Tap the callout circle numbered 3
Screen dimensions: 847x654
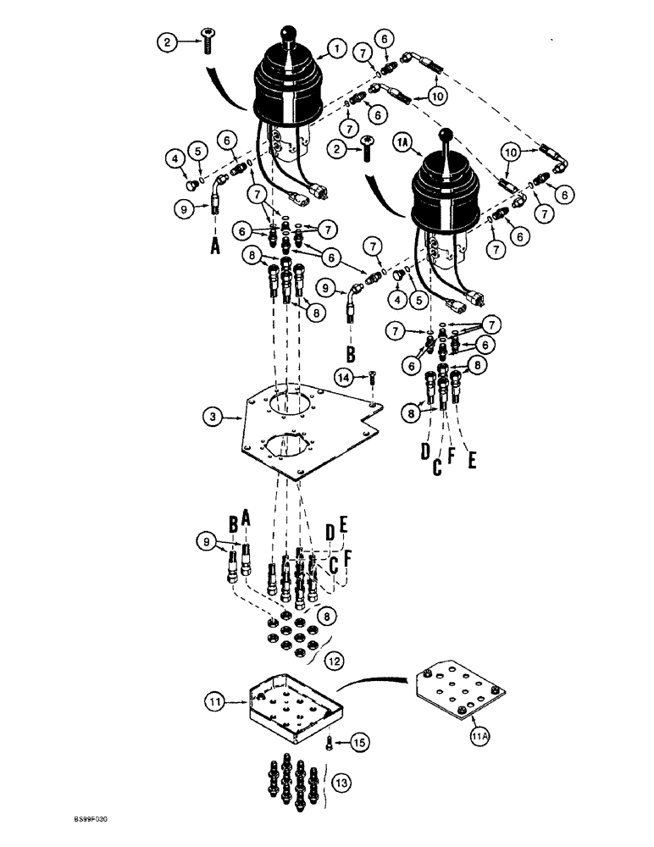pyautogui.click(x=212, y=416)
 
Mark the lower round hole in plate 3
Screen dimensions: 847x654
pyautogui.click(x=288, y=449)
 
